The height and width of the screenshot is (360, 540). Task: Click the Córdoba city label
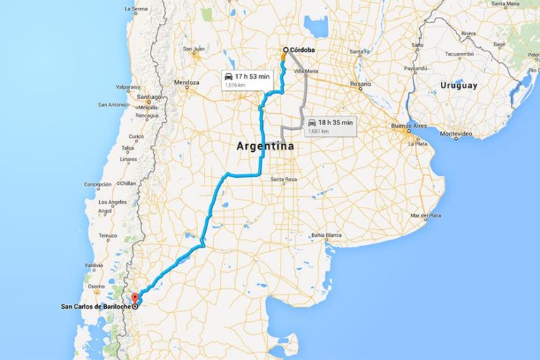pos(302,50)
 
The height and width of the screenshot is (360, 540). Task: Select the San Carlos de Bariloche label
pos(94,307)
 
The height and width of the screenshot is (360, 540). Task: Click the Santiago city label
pos(149,96)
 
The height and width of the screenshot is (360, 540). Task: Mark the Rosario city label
pos(361,84)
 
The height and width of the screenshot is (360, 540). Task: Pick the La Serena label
pos(136,10)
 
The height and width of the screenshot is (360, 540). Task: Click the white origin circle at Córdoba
pos(285,50)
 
